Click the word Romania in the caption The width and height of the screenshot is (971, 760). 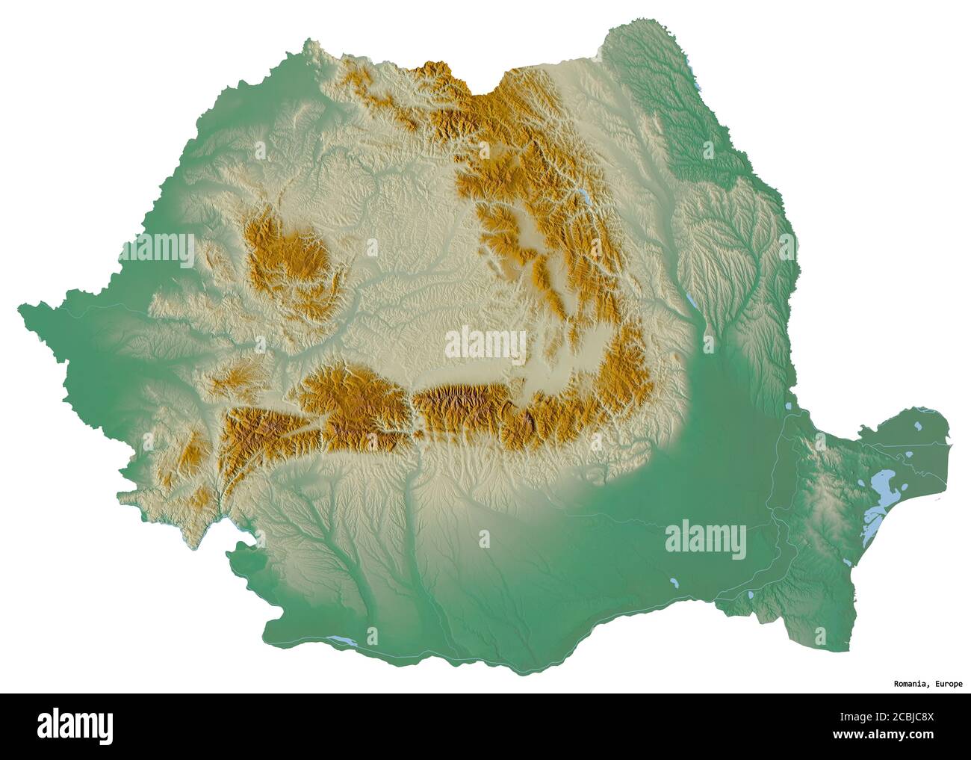910,684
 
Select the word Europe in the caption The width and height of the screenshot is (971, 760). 947,684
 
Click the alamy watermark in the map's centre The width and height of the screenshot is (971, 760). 485,345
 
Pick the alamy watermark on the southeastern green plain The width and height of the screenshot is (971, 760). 705,537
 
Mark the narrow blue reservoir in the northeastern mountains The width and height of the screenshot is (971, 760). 581,196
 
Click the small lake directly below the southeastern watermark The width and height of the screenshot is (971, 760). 674,581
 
